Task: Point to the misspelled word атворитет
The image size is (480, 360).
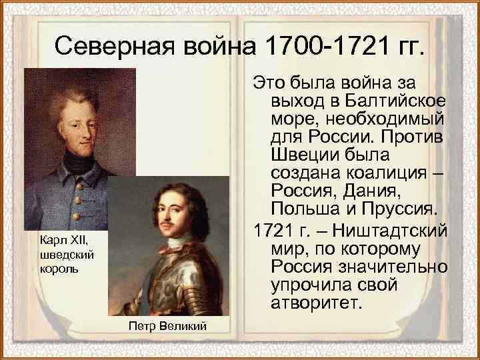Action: click(317, 304)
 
